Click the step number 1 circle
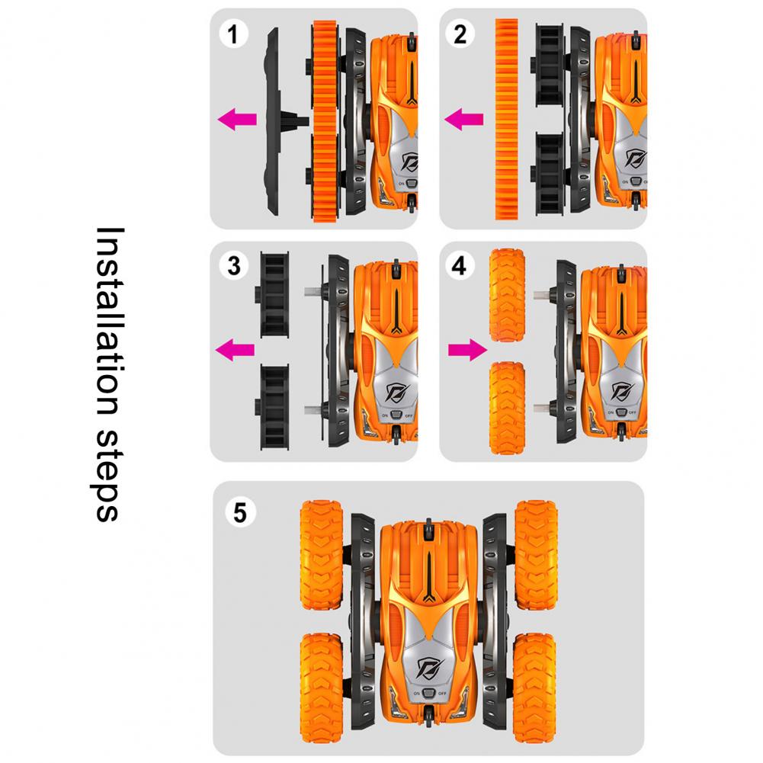tap(233, 34)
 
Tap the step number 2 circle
tap(460, 34)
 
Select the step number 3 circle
tap(234, 266)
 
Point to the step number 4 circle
tap(460, 266)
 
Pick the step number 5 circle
tap(240, 513)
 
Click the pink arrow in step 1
tap(237, 119)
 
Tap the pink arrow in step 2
tap(463, 119)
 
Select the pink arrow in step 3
tap(235, 349)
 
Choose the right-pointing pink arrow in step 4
tap(467, 349)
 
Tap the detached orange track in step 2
tap(507, 119)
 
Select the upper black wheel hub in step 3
tap(273, 295)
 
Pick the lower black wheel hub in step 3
tap(273, 407)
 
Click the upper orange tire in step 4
tap(507, 295)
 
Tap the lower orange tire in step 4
tap(507, 408)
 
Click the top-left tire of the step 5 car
tap(321, 555)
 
